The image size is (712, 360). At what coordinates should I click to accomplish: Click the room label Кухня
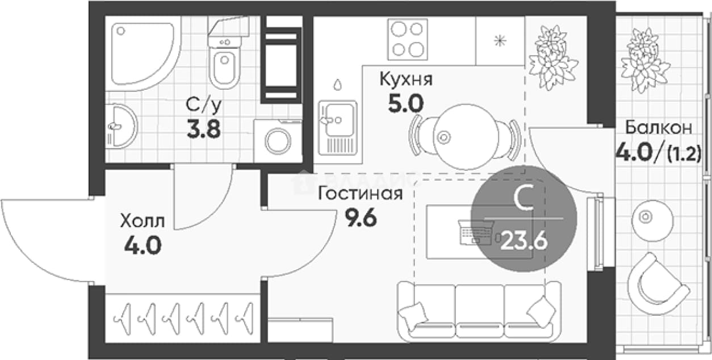click(406, 79)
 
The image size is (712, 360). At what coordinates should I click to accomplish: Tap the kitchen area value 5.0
click(406, 104)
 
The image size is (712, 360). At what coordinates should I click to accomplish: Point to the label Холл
click(143, 221)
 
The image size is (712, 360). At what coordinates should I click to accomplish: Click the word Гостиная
click(361, 194)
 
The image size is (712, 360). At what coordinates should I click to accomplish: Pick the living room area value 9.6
click(361, 219)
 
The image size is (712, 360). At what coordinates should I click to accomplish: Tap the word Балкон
click(659, 128)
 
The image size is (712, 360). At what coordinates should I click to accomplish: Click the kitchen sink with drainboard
click(338, 128)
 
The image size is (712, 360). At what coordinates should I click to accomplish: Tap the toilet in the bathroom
click(224, 54)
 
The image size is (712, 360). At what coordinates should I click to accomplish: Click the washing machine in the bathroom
click(278, 141)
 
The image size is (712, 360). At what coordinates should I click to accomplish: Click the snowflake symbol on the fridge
click(500, 41)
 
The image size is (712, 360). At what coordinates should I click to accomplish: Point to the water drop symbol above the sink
click(337, 84)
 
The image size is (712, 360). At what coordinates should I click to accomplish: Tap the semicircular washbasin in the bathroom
click(121, 127)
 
